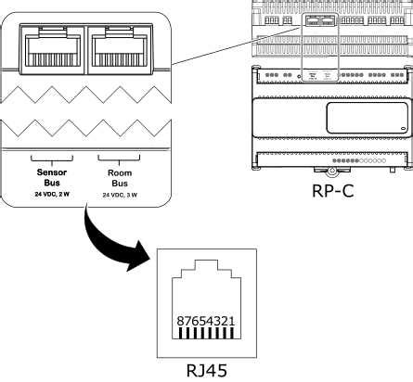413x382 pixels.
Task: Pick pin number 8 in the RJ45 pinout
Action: click(179, 320)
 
